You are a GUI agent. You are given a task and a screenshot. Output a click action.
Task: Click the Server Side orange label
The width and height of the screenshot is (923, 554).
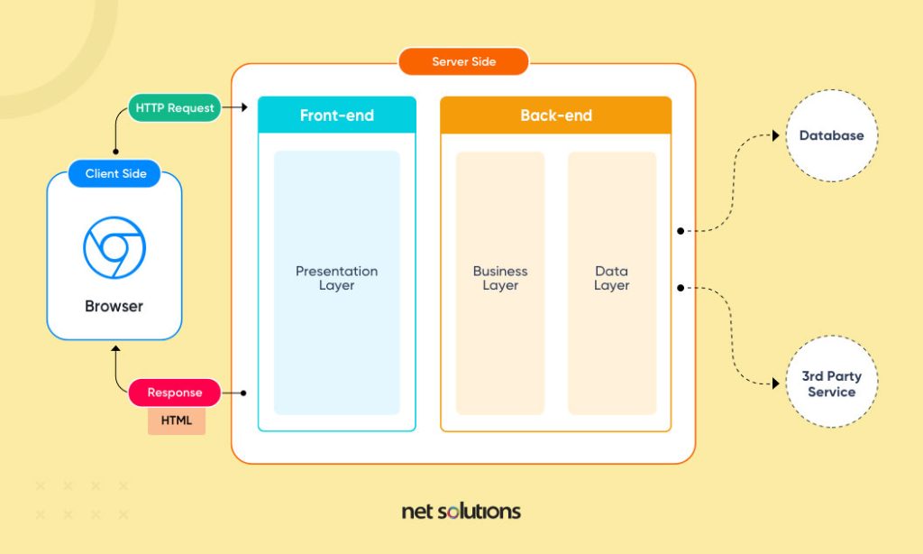[x=463, y=61]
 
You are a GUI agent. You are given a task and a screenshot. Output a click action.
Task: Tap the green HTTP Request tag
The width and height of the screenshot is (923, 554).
[x=175, y=108]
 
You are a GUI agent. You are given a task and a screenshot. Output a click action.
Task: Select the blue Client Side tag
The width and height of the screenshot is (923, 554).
[x=115, y=173]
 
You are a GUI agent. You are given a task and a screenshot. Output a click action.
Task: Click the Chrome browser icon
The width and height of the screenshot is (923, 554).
[x=114, y=247]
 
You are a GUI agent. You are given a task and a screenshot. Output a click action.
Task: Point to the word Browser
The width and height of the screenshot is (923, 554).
[x=114, y=307]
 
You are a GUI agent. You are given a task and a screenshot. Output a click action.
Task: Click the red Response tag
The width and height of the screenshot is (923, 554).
[x=175, y=393]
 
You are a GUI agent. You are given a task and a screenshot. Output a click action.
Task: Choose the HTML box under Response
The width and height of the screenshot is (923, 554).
[x=177, y=420]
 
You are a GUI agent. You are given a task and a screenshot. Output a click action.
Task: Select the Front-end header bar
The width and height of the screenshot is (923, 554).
[x=337, y=115]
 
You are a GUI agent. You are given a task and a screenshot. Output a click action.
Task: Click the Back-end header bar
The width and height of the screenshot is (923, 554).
[x=555, y=115]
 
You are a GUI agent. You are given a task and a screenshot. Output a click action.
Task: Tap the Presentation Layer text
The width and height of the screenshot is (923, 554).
[x=337, y=278]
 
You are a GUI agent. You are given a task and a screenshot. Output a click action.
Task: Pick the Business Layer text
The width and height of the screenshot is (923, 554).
[x=500, y=278]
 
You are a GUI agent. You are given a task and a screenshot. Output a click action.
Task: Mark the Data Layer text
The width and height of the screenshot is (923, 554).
[x=611, y=278]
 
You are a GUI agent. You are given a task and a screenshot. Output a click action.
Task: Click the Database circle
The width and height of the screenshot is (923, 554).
[x=831, y=136]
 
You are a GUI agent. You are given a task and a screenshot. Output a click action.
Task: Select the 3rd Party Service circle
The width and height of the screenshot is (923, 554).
[x=831, y=384]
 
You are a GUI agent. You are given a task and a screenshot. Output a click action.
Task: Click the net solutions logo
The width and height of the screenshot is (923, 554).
[x=461, y=512]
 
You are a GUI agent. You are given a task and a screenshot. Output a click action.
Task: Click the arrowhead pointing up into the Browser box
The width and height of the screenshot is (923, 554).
[x=115, y=347]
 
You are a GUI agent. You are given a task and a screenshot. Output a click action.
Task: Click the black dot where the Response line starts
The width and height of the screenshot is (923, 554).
[x=246, y=393]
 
